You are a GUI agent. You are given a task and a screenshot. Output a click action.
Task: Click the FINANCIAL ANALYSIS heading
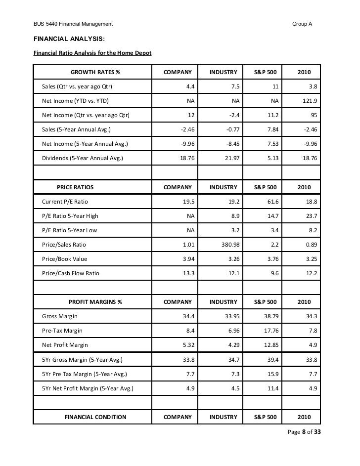(69, 38)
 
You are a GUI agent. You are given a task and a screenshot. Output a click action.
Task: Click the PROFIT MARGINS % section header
(95, 302)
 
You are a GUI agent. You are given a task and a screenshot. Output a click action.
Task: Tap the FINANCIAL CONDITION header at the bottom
(95, 417)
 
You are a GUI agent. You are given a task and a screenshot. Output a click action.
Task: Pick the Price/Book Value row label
(64, 259)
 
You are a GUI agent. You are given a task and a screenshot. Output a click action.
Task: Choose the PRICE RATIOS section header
(75, 187)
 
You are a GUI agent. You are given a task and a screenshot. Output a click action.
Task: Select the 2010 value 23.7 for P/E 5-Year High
(311, 216)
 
